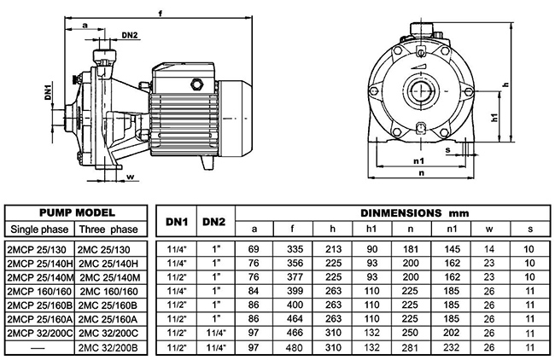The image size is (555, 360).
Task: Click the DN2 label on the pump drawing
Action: [x=129, y=35]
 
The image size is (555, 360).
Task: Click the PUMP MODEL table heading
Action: [x=79, y=212]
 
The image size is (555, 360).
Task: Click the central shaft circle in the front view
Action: [x=421, y=90]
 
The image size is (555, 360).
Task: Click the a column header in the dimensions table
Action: [x=254, y=229]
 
